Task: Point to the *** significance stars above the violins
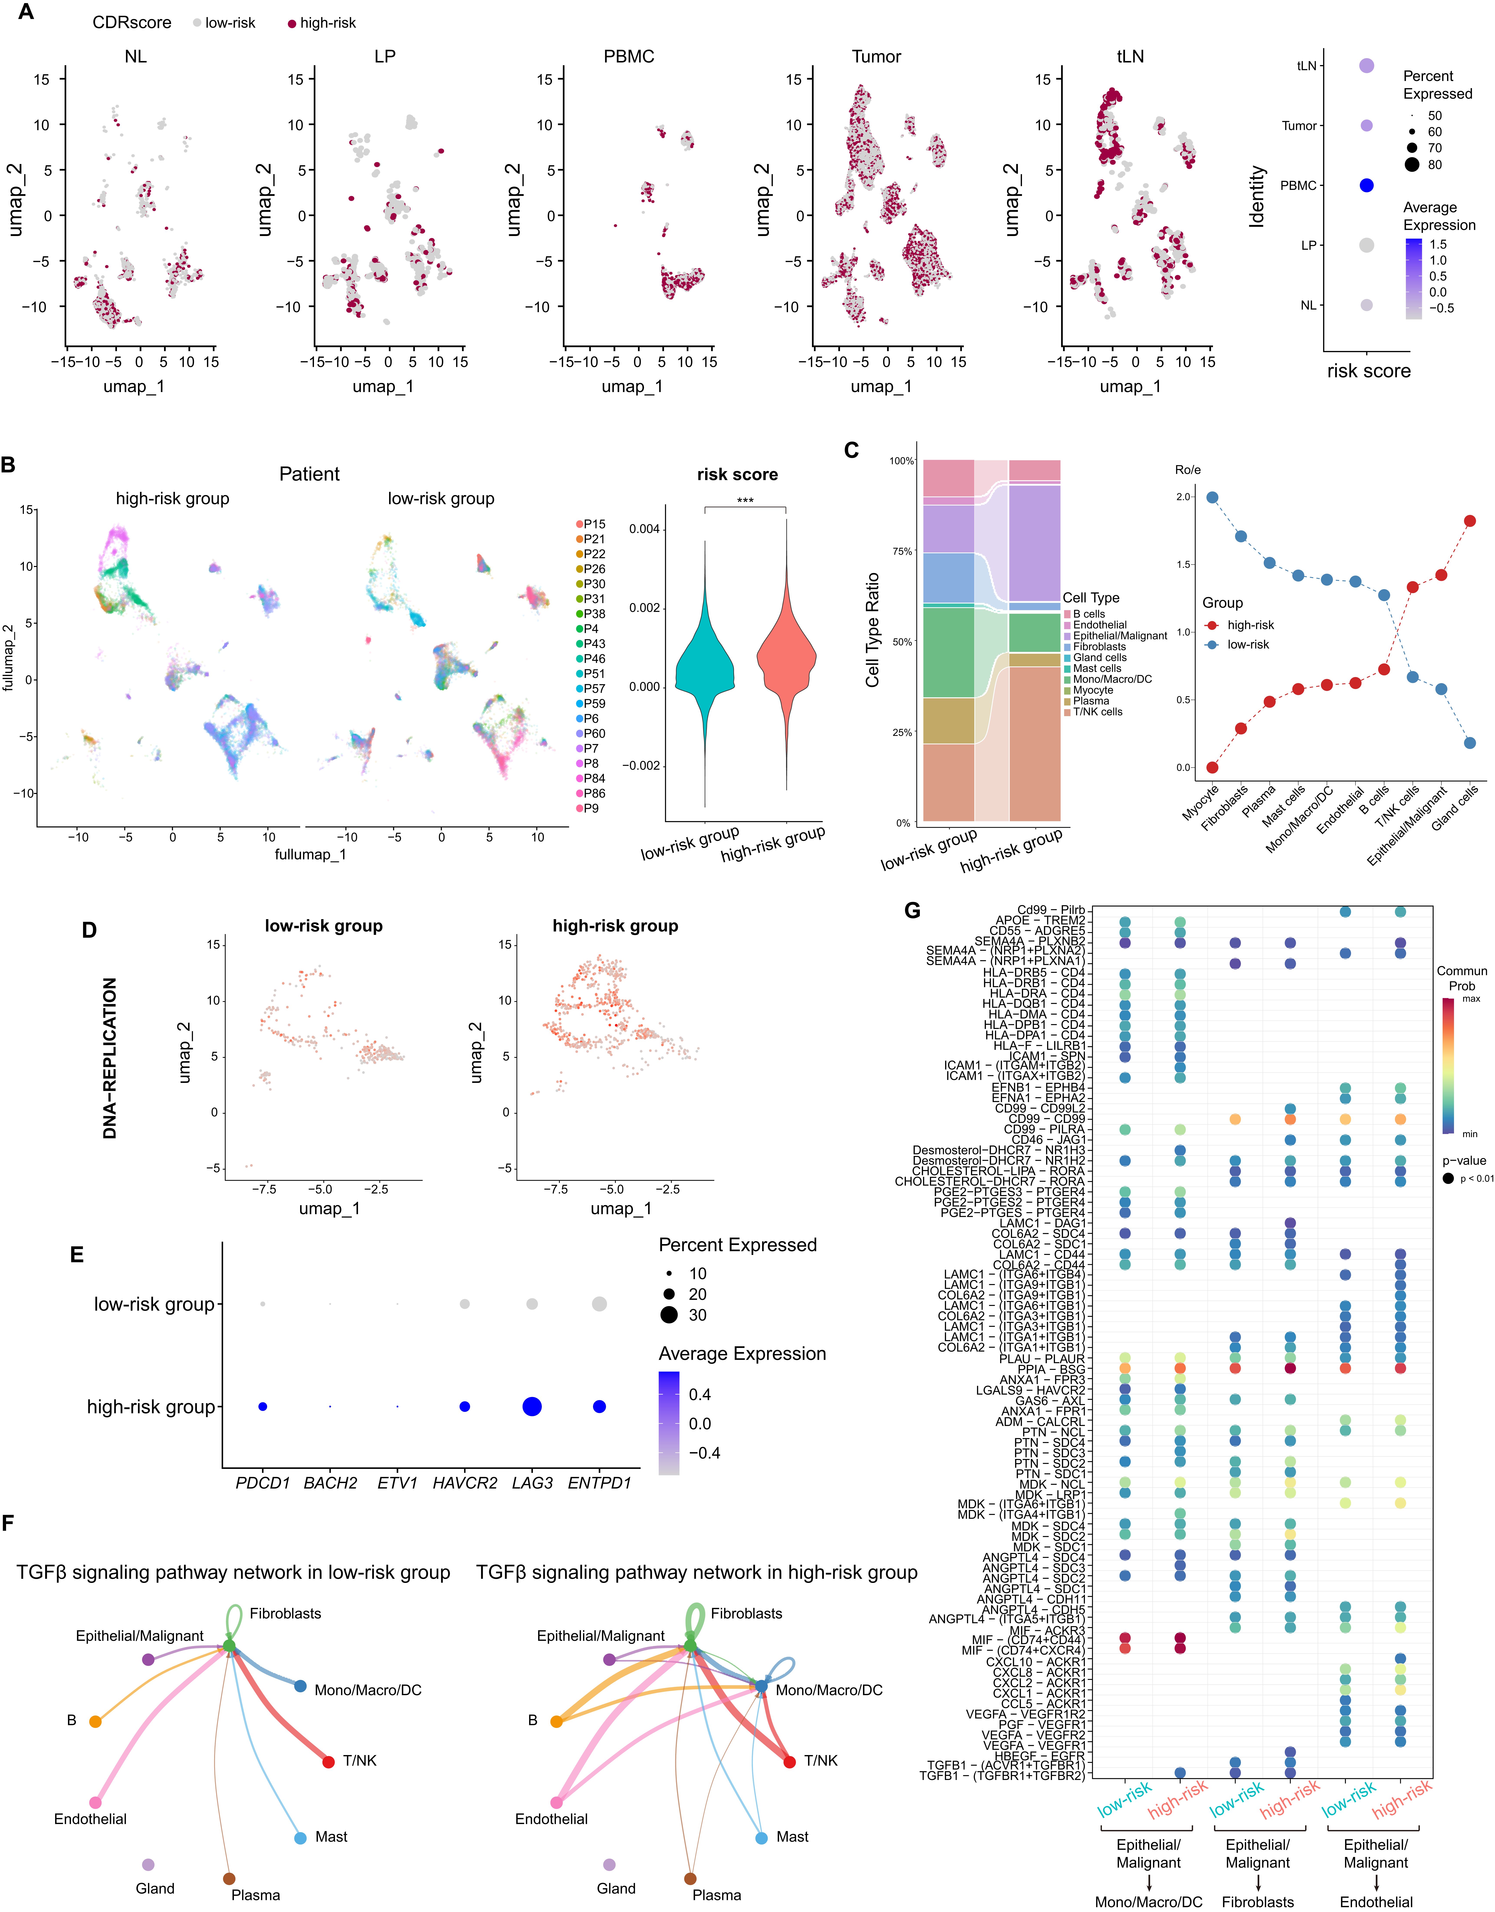745,501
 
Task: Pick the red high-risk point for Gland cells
1470,521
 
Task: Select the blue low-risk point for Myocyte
1212,497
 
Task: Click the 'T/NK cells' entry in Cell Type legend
1097,712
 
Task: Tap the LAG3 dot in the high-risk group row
531,1407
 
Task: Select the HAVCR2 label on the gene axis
465,1483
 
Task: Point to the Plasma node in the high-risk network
691,1879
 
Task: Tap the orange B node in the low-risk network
95,1722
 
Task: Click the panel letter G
912,910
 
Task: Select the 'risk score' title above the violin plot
737,475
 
